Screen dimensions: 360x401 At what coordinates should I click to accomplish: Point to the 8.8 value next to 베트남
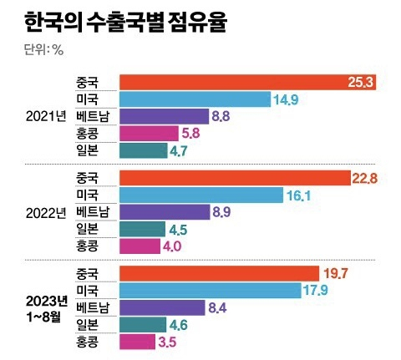(x=221, y=116)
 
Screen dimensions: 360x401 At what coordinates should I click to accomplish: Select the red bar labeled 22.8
(x=235, y=177)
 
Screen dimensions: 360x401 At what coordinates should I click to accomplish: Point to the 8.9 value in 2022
(x=222, y=212)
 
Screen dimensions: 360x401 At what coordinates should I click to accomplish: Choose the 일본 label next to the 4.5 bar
(x=87, y=229)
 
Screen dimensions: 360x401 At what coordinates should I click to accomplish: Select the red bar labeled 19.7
(x=220, y=273)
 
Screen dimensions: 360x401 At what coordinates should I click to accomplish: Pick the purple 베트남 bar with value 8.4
(x=161, y=308)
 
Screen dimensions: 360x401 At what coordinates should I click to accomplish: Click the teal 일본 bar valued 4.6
(x=140, y=325)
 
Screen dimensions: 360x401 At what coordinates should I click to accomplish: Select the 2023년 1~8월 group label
(x=46, y=307)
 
